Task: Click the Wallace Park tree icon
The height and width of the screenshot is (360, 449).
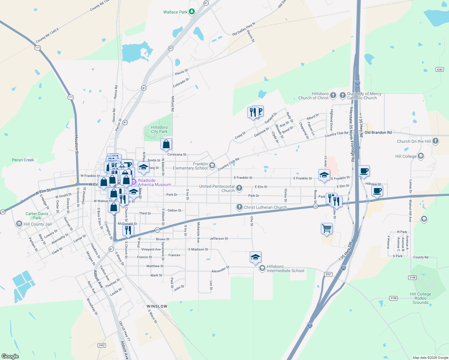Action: coord(192,12)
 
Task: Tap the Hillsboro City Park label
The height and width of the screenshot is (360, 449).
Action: coord(159,129)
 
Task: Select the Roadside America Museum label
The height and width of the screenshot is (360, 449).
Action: coord(154,182)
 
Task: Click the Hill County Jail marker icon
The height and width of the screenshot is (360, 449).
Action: coord(19,224)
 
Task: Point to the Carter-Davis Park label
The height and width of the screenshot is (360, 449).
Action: coord(37,216)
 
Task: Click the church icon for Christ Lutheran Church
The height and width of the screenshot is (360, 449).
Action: coord(239,207)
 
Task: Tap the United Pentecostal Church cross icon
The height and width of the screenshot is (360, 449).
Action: coord(239,188)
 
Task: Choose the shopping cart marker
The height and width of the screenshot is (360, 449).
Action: coord(327,229)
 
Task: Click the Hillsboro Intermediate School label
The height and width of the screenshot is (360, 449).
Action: coord(285,268)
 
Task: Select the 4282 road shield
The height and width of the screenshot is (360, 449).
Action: coord(439,70)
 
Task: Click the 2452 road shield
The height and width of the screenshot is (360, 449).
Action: coord(102,345)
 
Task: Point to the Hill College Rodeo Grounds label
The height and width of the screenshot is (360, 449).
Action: coord(420,298)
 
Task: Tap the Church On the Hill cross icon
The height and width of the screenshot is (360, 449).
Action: coord(435,141)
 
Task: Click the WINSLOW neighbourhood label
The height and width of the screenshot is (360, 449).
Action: coord(157,306)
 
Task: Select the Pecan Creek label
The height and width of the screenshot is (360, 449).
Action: coord(23,160)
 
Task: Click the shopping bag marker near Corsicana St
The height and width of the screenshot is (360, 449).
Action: coord(166,144)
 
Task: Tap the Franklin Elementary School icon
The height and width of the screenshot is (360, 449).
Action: coord(212,166)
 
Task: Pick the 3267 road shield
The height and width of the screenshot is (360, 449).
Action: coord(328,274)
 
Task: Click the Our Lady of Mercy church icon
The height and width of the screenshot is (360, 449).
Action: coord(342,95)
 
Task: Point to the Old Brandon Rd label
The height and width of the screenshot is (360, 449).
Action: coord(378,132)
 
